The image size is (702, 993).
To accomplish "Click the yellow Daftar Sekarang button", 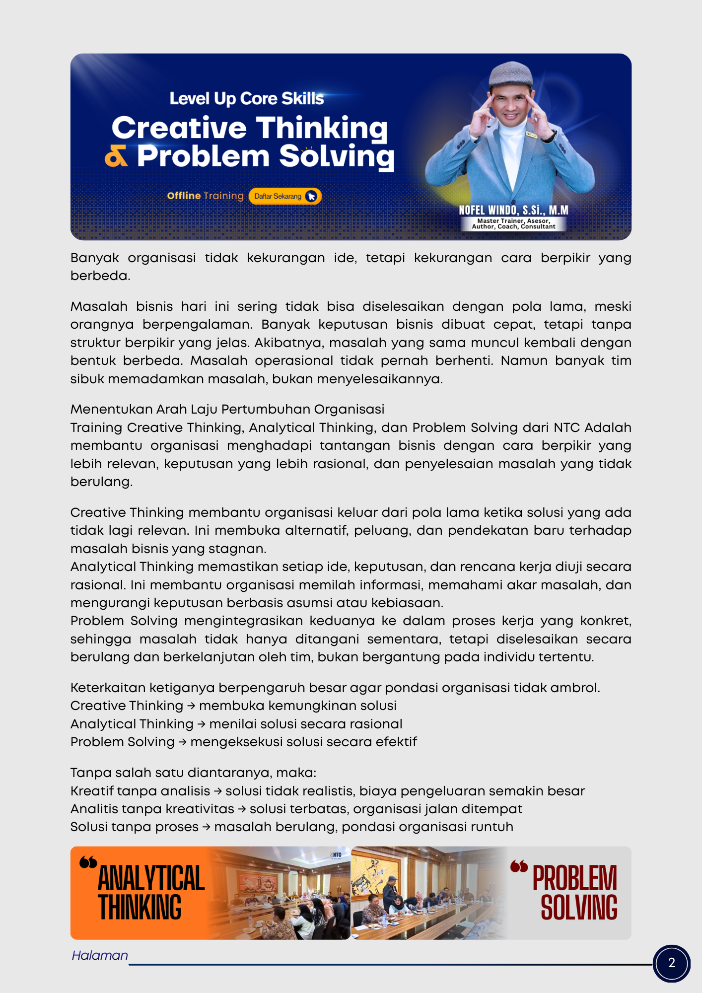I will click(284, 196).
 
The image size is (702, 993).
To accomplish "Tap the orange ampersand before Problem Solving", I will click(116, 157).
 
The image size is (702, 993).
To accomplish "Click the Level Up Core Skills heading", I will click(246, 99).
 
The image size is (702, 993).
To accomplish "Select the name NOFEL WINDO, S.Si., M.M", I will click(513, 210).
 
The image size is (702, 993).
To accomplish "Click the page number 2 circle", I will click(671, 963).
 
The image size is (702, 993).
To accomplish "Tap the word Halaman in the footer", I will click(100, 955).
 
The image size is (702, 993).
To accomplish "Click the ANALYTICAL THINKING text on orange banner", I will click(150, 892).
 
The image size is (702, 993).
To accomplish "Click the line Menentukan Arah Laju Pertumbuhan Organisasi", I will click(227, 409).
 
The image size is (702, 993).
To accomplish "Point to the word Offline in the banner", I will click(184, 196).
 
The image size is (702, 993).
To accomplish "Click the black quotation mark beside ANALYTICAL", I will click(88, 862).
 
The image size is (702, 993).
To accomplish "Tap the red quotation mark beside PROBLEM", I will click(519, 867).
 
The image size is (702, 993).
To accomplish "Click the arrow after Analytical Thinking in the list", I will click(201, 724).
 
